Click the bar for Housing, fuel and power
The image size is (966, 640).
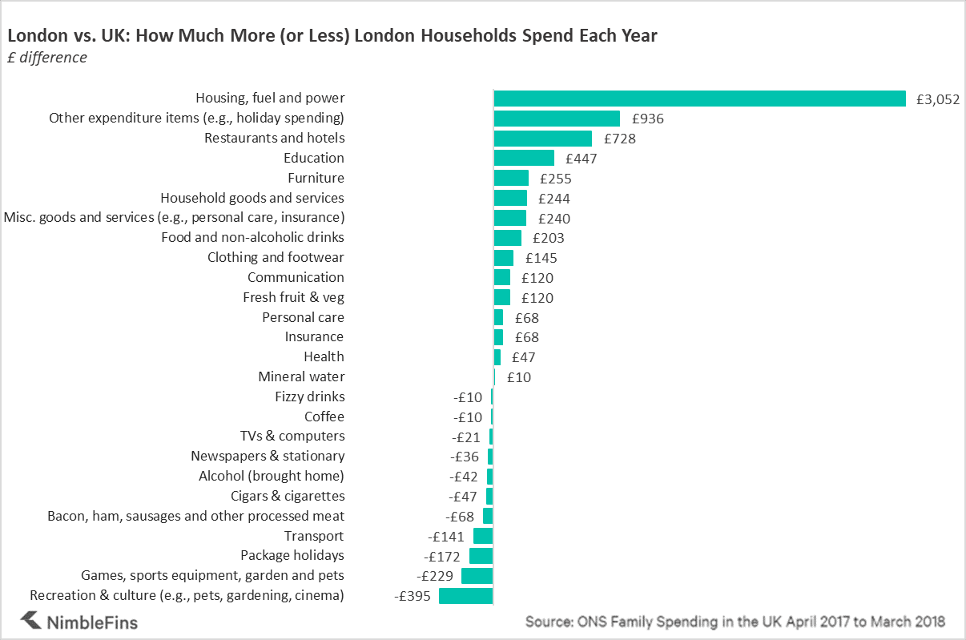(x=699, y=99)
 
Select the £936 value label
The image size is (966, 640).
(x=647, y=119)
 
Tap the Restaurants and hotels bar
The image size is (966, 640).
(x=542, y=139)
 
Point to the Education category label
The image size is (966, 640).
(x=313, y=158)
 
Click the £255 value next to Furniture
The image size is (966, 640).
(x=555, y=179)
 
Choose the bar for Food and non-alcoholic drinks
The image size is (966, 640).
(x=507, y=238)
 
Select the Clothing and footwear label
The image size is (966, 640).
(x=276, y=257)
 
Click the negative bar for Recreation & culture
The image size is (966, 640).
(x=465, y=595)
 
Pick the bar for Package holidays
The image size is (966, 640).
(x=481, y=556)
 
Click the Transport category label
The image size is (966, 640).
(x=313, y=536)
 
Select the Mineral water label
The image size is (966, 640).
(x=301, y=376)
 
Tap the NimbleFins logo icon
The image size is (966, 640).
(x=30, y=620)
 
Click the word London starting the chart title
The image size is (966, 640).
(x=34, y=36)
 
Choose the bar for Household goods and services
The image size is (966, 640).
(x=510, y=198)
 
